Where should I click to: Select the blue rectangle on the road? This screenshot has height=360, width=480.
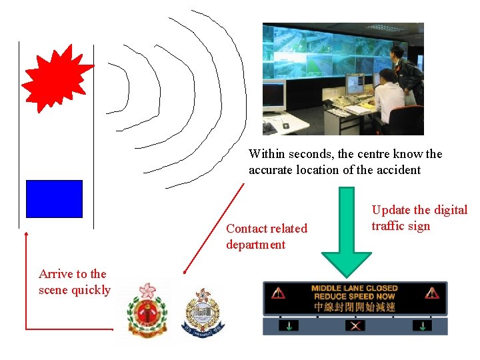[x=54, y=199]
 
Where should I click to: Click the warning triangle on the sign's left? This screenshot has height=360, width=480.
[x=279, y=292]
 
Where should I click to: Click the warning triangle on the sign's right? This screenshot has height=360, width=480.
[x=432, y=292]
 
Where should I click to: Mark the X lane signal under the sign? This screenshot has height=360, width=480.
[x=355, y=326]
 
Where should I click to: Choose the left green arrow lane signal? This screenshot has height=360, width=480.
[x=291, y=326]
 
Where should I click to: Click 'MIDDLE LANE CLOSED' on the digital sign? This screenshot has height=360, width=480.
[x=354, y=289]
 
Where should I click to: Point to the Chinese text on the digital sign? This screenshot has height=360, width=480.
[x=354, y=307]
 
